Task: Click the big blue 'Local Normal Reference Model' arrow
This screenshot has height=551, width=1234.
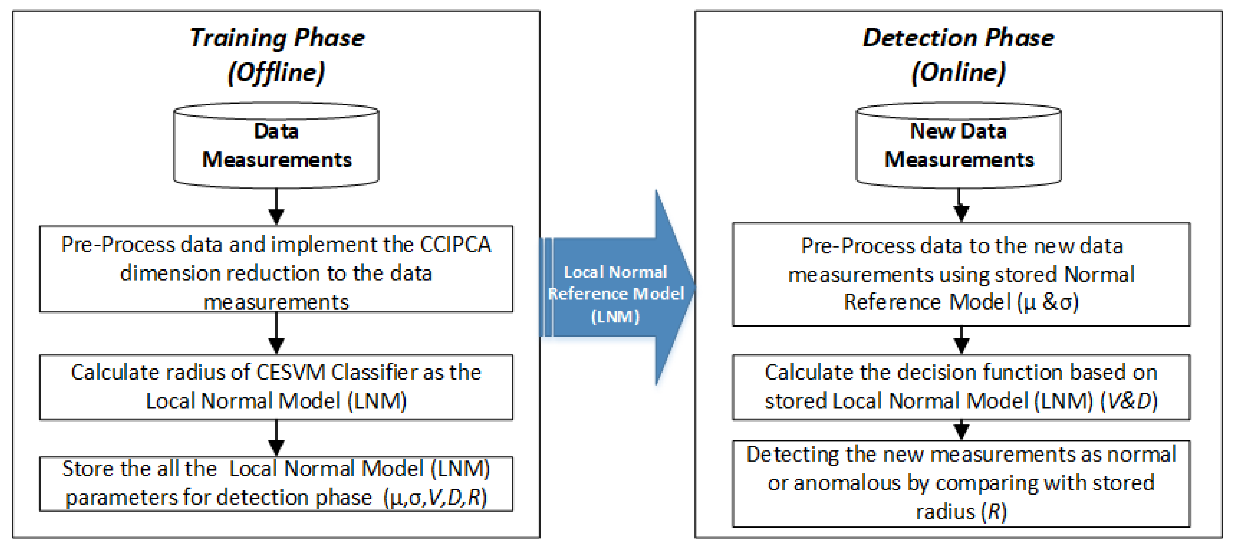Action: click(618, 287)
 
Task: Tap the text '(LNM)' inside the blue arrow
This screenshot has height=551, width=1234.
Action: click(615, 316)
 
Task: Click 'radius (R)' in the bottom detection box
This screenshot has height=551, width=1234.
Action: click(961, 512)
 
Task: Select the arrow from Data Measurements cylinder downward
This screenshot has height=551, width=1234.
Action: click(276, 206)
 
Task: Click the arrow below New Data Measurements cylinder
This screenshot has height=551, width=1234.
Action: click(961, 205)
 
